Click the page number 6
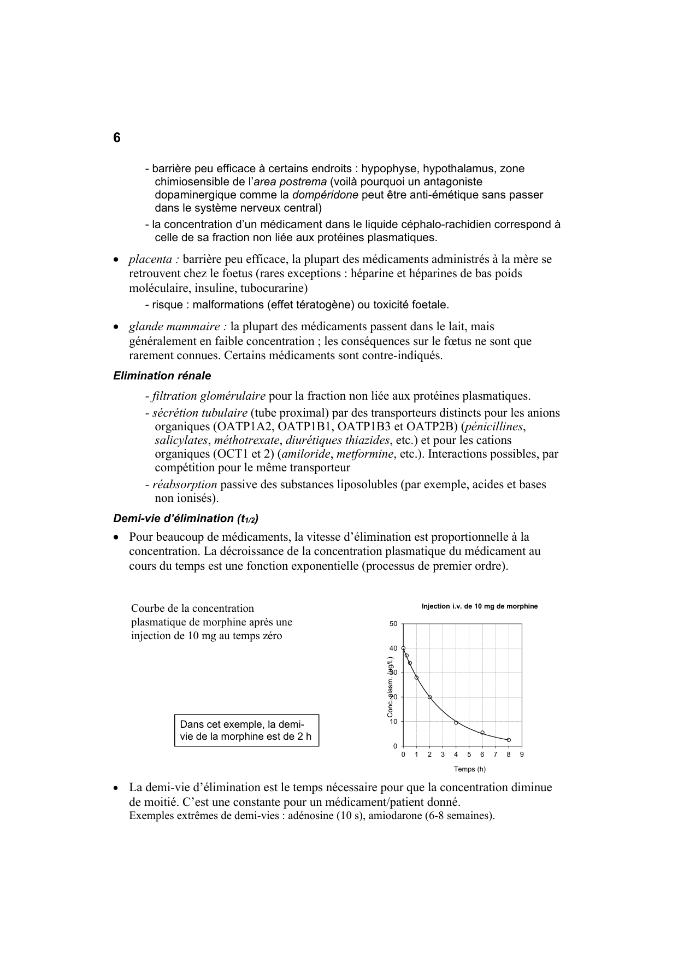[x=117, y=138]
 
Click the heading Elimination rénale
[x=162, y=376]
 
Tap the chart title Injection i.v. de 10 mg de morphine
[x=479, y=606]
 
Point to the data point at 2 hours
[x=429, y=697]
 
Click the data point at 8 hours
[x=509, y=740]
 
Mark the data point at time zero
[x=403, y=648]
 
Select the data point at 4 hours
[x=456, y=723]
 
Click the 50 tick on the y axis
[x=393, y=624]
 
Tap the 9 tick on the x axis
[x=522, y=755]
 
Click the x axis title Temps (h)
[x=469, y=769]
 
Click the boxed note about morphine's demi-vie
[x=246, y=730]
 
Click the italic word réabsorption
[x=184, y=484]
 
